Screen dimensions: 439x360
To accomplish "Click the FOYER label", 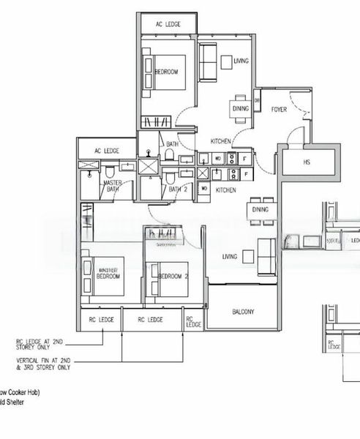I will pyautogui.click(x=280, y=109).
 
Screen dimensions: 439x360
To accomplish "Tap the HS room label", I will pyautogui.click(x=307, y=161).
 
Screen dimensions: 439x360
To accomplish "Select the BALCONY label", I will pyautogui.click(x=243, y=312).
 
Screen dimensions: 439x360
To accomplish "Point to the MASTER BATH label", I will pyautogui.click(x=112, y=187).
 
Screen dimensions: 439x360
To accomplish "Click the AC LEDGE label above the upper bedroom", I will pyautogui.click(x=168, y=24).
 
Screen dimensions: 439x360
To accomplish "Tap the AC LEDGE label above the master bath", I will pyautogui.click(x=107, y=151).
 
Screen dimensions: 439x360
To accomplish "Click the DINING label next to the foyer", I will pyautogui.click(x=241, y=108).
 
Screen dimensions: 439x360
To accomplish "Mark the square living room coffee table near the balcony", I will pyautogui.click(x=249, y=256).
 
